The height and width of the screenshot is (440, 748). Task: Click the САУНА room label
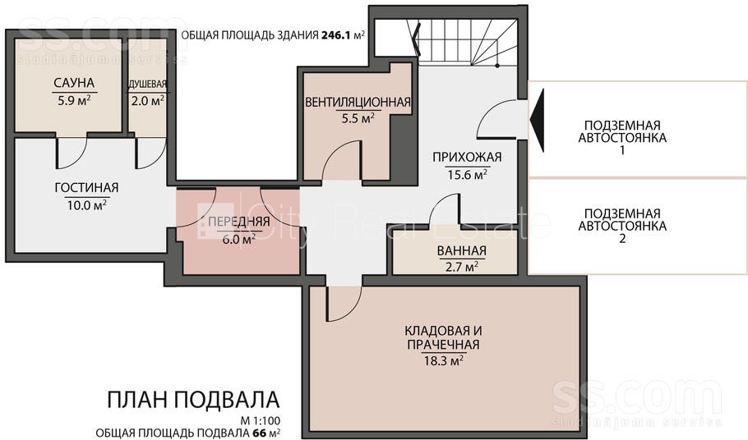(x=74, y=83)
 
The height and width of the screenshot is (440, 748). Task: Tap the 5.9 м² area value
(x=74, y=100)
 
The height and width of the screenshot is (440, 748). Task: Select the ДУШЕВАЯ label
(x=147, y=85)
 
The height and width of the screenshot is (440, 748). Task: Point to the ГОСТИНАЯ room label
(x=86, y=188)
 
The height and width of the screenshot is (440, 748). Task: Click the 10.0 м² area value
(x=86, y=205)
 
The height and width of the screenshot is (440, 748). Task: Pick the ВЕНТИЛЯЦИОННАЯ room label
(x=358, y=102)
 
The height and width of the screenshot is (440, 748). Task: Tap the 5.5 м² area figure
(x=358, y=118)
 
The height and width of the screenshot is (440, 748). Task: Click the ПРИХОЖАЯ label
(x=467, y=157)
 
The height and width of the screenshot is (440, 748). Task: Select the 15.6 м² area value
(x=467, y=174)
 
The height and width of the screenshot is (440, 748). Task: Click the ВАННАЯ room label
(x=462, y=250)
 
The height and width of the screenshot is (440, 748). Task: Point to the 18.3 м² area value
(x=444, y=360)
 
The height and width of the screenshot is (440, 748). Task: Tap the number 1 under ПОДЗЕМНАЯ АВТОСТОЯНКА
(x=622, y=150)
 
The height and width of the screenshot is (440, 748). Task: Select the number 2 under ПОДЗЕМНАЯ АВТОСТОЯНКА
(x=622, y=238)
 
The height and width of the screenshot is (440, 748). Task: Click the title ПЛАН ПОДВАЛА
(x=193, y=400)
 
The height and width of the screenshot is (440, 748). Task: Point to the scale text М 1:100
(x=261, y=421)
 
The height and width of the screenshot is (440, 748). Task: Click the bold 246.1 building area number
(x=336, y=35)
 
